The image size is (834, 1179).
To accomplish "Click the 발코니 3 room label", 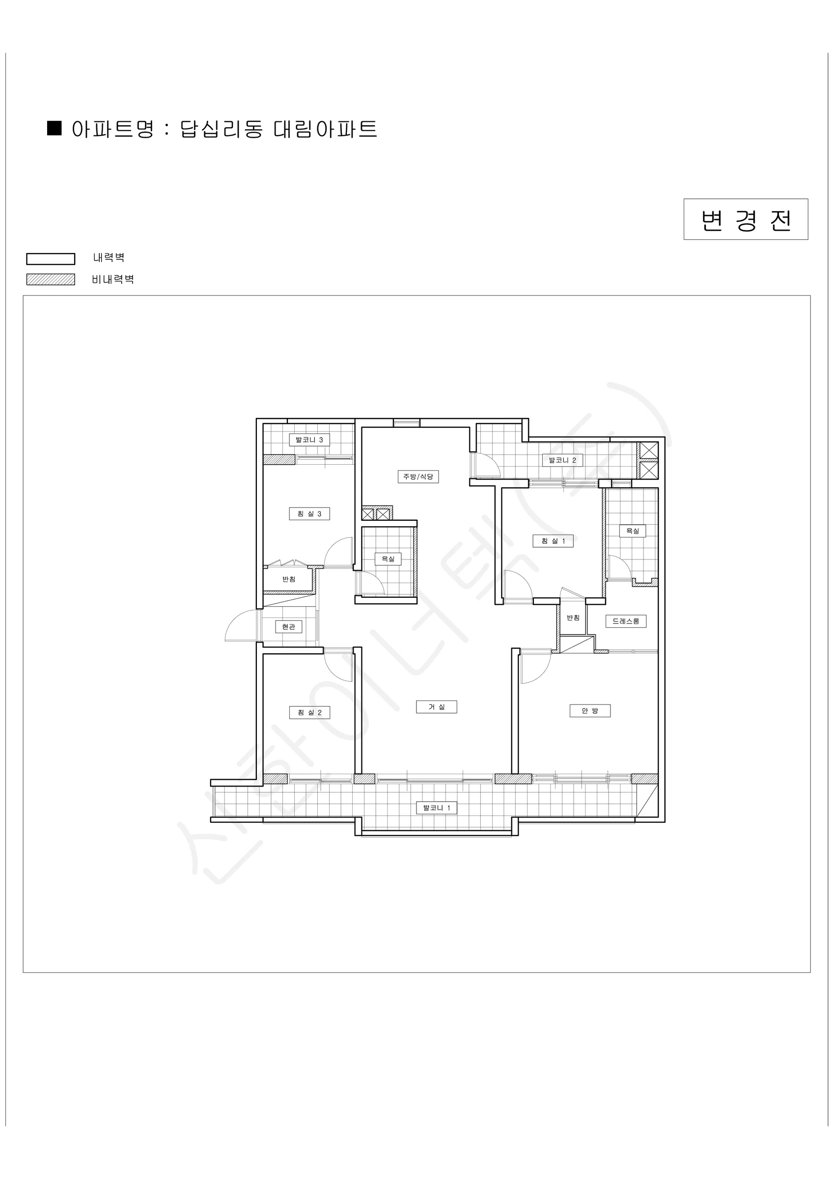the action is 309,440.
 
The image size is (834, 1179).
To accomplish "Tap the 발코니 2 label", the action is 562,460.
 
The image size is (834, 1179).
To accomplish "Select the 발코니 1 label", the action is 437,808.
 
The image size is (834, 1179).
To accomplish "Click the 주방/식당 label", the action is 418,477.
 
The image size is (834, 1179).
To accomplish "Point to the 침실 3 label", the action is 309,513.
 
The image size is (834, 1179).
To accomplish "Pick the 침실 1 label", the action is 553,541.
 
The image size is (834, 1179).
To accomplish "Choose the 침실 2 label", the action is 309,712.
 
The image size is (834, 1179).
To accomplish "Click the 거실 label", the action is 437,706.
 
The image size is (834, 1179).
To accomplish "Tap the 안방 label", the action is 590,711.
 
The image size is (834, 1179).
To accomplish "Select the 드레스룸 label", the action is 626,621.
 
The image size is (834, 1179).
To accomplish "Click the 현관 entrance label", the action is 289,626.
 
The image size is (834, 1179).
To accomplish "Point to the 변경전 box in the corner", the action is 746,219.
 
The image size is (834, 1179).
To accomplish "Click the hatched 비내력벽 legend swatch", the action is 51,280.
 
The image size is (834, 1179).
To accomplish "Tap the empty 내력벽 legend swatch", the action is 51,259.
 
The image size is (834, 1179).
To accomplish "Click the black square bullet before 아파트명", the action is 55,128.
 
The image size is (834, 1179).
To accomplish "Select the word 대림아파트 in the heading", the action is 326,129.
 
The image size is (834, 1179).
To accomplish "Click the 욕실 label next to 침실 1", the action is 633,531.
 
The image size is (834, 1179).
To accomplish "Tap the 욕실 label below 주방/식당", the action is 388,559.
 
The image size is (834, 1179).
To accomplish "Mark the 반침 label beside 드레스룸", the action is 573,618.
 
